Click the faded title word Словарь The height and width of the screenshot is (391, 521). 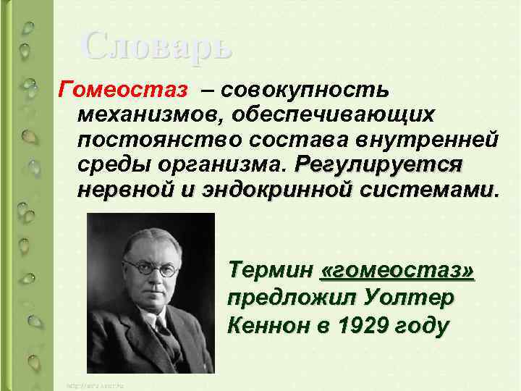[x=158, y=46]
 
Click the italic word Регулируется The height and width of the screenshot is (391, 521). [x=378, y=163]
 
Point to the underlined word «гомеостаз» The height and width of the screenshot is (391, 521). [x=397, y=270]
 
